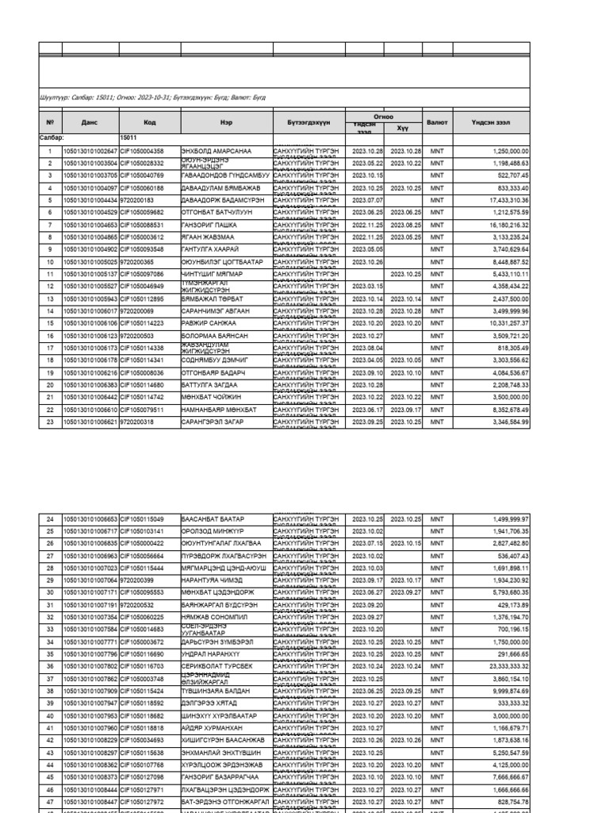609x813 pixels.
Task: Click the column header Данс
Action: [90, 123]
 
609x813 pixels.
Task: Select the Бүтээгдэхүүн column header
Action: [308, 123]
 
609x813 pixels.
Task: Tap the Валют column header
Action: [437, 123]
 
